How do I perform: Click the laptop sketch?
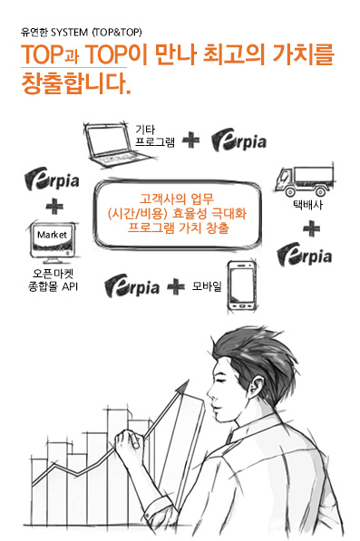tap(119, 144)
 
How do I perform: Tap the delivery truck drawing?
tap(305, 180)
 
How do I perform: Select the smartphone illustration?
tap(242, 285)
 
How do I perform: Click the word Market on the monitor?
tap(52, 235)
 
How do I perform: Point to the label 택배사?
tap(308, 206)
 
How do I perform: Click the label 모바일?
tap(207, 286)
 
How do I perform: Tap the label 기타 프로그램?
tap(155, 136)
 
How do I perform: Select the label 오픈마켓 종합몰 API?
tap(53, 280)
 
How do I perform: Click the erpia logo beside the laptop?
tap(238, 140)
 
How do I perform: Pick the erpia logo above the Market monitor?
tap(52, 179)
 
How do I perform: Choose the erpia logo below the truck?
tap(305, 255)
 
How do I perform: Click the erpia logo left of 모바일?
tap(131, 286)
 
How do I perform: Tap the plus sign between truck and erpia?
tap(311, 228)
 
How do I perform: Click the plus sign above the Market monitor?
tap(54, 207)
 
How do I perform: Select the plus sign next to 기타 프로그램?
tap(190, 140)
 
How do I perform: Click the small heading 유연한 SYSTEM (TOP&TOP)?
tap(81, 33)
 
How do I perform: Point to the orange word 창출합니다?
tap(76, 84)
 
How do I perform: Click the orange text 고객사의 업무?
tap(177, 199)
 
